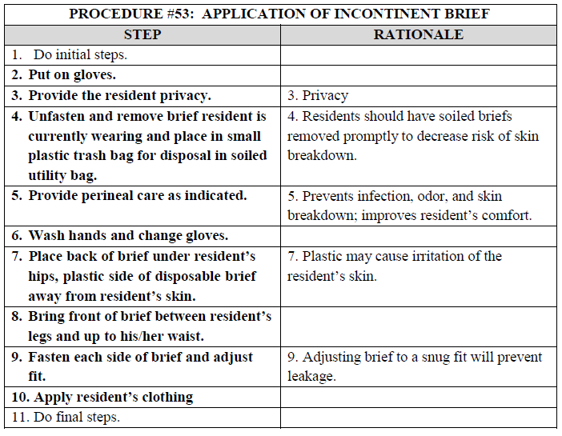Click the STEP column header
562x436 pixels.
(x=143, y=35)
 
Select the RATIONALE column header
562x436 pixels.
(x=419, y=35)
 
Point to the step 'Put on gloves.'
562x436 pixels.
(x=72, y=75)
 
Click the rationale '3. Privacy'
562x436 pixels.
(x=318, y=96)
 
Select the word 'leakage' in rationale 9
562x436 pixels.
(x=313, y=376)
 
